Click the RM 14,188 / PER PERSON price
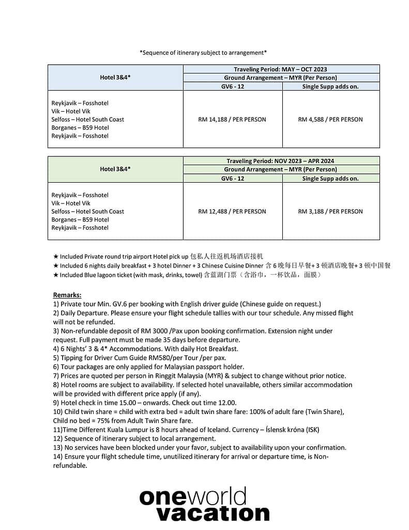(x=232, y=120)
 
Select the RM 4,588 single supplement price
(x=330, y=120)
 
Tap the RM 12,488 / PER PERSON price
(x=232, y=211)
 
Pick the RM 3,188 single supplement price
(x=330, y=211)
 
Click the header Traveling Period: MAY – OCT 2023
(x=280, y=69)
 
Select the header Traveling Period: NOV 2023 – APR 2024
(x=280, y=161)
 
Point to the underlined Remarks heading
(x=67, y=295)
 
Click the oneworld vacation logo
(x=204, y=504)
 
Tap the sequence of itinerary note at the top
(x=203, y=52)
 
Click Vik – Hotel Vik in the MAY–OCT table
(x=71, y=111)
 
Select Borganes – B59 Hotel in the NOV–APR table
(x=80, y=219)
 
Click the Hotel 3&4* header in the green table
(x=115, y=169)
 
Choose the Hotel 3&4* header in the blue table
(x=115, y=78)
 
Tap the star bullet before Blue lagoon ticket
(x=56, y=275)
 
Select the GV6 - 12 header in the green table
(x=232, y=179)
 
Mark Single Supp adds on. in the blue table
(x=330, y=86)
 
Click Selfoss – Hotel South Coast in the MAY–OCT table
(x=88, y=120)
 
